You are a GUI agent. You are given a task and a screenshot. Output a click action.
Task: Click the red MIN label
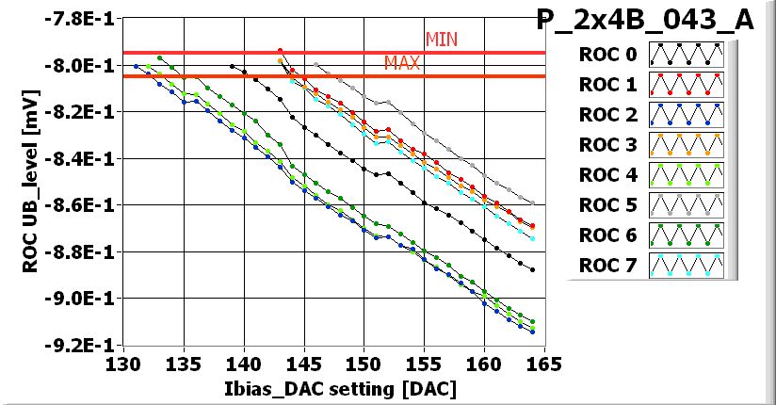(442, 39)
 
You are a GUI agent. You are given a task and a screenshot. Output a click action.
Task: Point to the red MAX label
(402, 63)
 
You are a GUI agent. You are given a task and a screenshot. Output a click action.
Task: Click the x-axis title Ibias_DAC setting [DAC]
(332, 388)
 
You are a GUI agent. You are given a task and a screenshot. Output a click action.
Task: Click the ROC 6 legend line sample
(689, 235)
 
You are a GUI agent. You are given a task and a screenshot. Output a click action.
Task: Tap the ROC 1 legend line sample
(689, 85)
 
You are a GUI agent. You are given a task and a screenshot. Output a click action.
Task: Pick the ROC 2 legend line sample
(689, 115)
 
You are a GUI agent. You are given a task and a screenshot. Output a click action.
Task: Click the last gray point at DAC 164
(533, 202)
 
